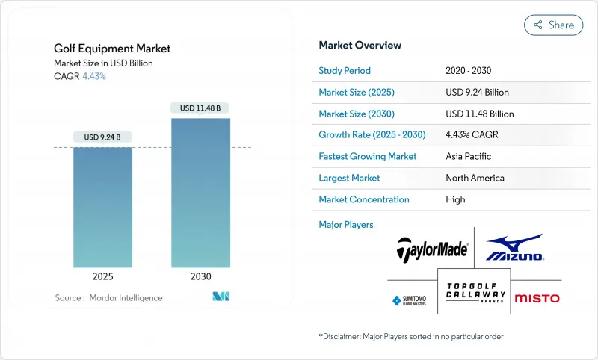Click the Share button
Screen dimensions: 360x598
[553, 25]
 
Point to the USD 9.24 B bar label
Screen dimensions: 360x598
[102, 137]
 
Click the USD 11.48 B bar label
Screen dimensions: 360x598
[200, 108]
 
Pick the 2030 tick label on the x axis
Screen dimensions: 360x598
[200, 276]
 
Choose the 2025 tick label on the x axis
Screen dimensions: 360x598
[102, 276]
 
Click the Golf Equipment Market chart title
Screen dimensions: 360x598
[112, 49]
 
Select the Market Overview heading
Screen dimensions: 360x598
[360, 46]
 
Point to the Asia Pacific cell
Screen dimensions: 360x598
[468, 157]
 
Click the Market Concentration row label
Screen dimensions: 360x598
[364, 199]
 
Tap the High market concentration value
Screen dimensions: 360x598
[455, 199]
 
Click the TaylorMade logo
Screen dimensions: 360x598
[433, 249]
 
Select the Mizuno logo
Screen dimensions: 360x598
[514, 248]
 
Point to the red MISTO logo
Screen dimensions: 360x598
[536, 298]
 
